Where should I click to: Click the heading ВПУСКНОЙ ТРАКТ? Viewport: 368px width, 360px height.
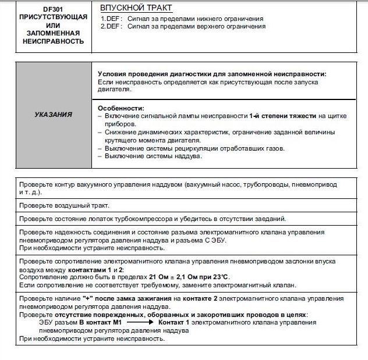click(x=136, y=9)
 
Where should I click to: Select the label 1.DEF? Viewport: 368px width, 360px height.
click(x=111, y=19)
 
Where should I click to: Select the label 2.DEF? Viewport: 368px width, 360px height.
click(x=111, y=26)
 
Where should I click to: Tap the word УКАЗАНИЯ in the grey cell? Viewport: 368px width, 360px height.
click(x=54, y=115)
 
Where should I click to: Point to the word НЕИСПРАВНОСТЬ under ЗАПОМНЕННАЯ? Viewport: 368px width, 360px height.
click(x=54, y=41)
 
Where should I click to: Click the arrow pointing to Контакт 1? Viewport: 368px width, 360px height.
click(x=140, y=322)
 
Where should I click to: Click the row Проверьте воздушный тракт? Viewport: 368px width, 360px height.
click(x=64, y=205)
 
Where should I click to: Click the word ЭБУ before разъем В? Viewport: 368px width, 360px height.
click(x=47, y=322)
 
